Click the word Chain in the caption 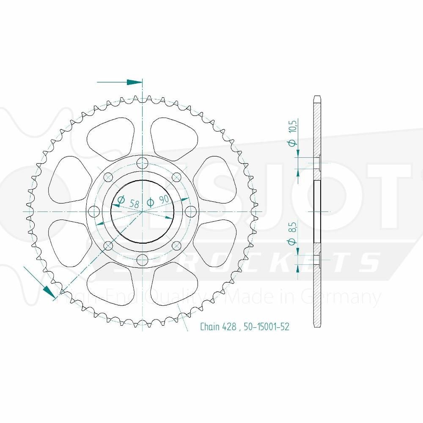[x=209, y=327]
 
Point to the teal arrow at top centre [x=135, y=82]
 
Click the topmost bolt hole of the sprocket [x=143, y=162]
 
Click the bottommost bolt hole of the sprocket [x=143, y=259]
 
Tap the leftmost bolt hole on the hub [x=94, y=211]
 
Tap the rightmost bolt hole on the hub [x=191, y=211]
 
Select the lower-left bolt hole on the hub [x=108, y=245]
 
